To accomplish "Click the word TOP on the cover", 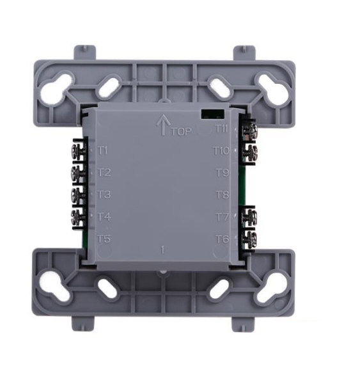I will (182, 131).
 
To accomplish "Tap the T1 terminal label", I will (104, 150).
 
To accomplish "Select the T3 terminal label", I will (104, 194).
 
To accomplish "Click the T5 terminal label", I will (104, 239).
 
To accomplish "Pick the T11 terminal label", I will (222, 129).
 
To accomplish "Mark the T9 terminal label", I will (222, 172).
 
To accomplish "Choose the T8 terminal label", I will (222, 194).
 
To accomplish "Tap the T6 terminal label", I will (222, 239).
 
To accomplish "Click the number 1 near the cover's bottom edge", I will (163, 250).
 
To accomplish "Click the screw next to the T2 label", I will (79, 173).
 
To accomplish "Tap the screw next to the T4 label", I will (79, 216).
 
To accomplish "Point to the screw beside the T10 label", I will (249, 151).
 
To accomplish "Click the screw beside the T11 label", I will (249, 130).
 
